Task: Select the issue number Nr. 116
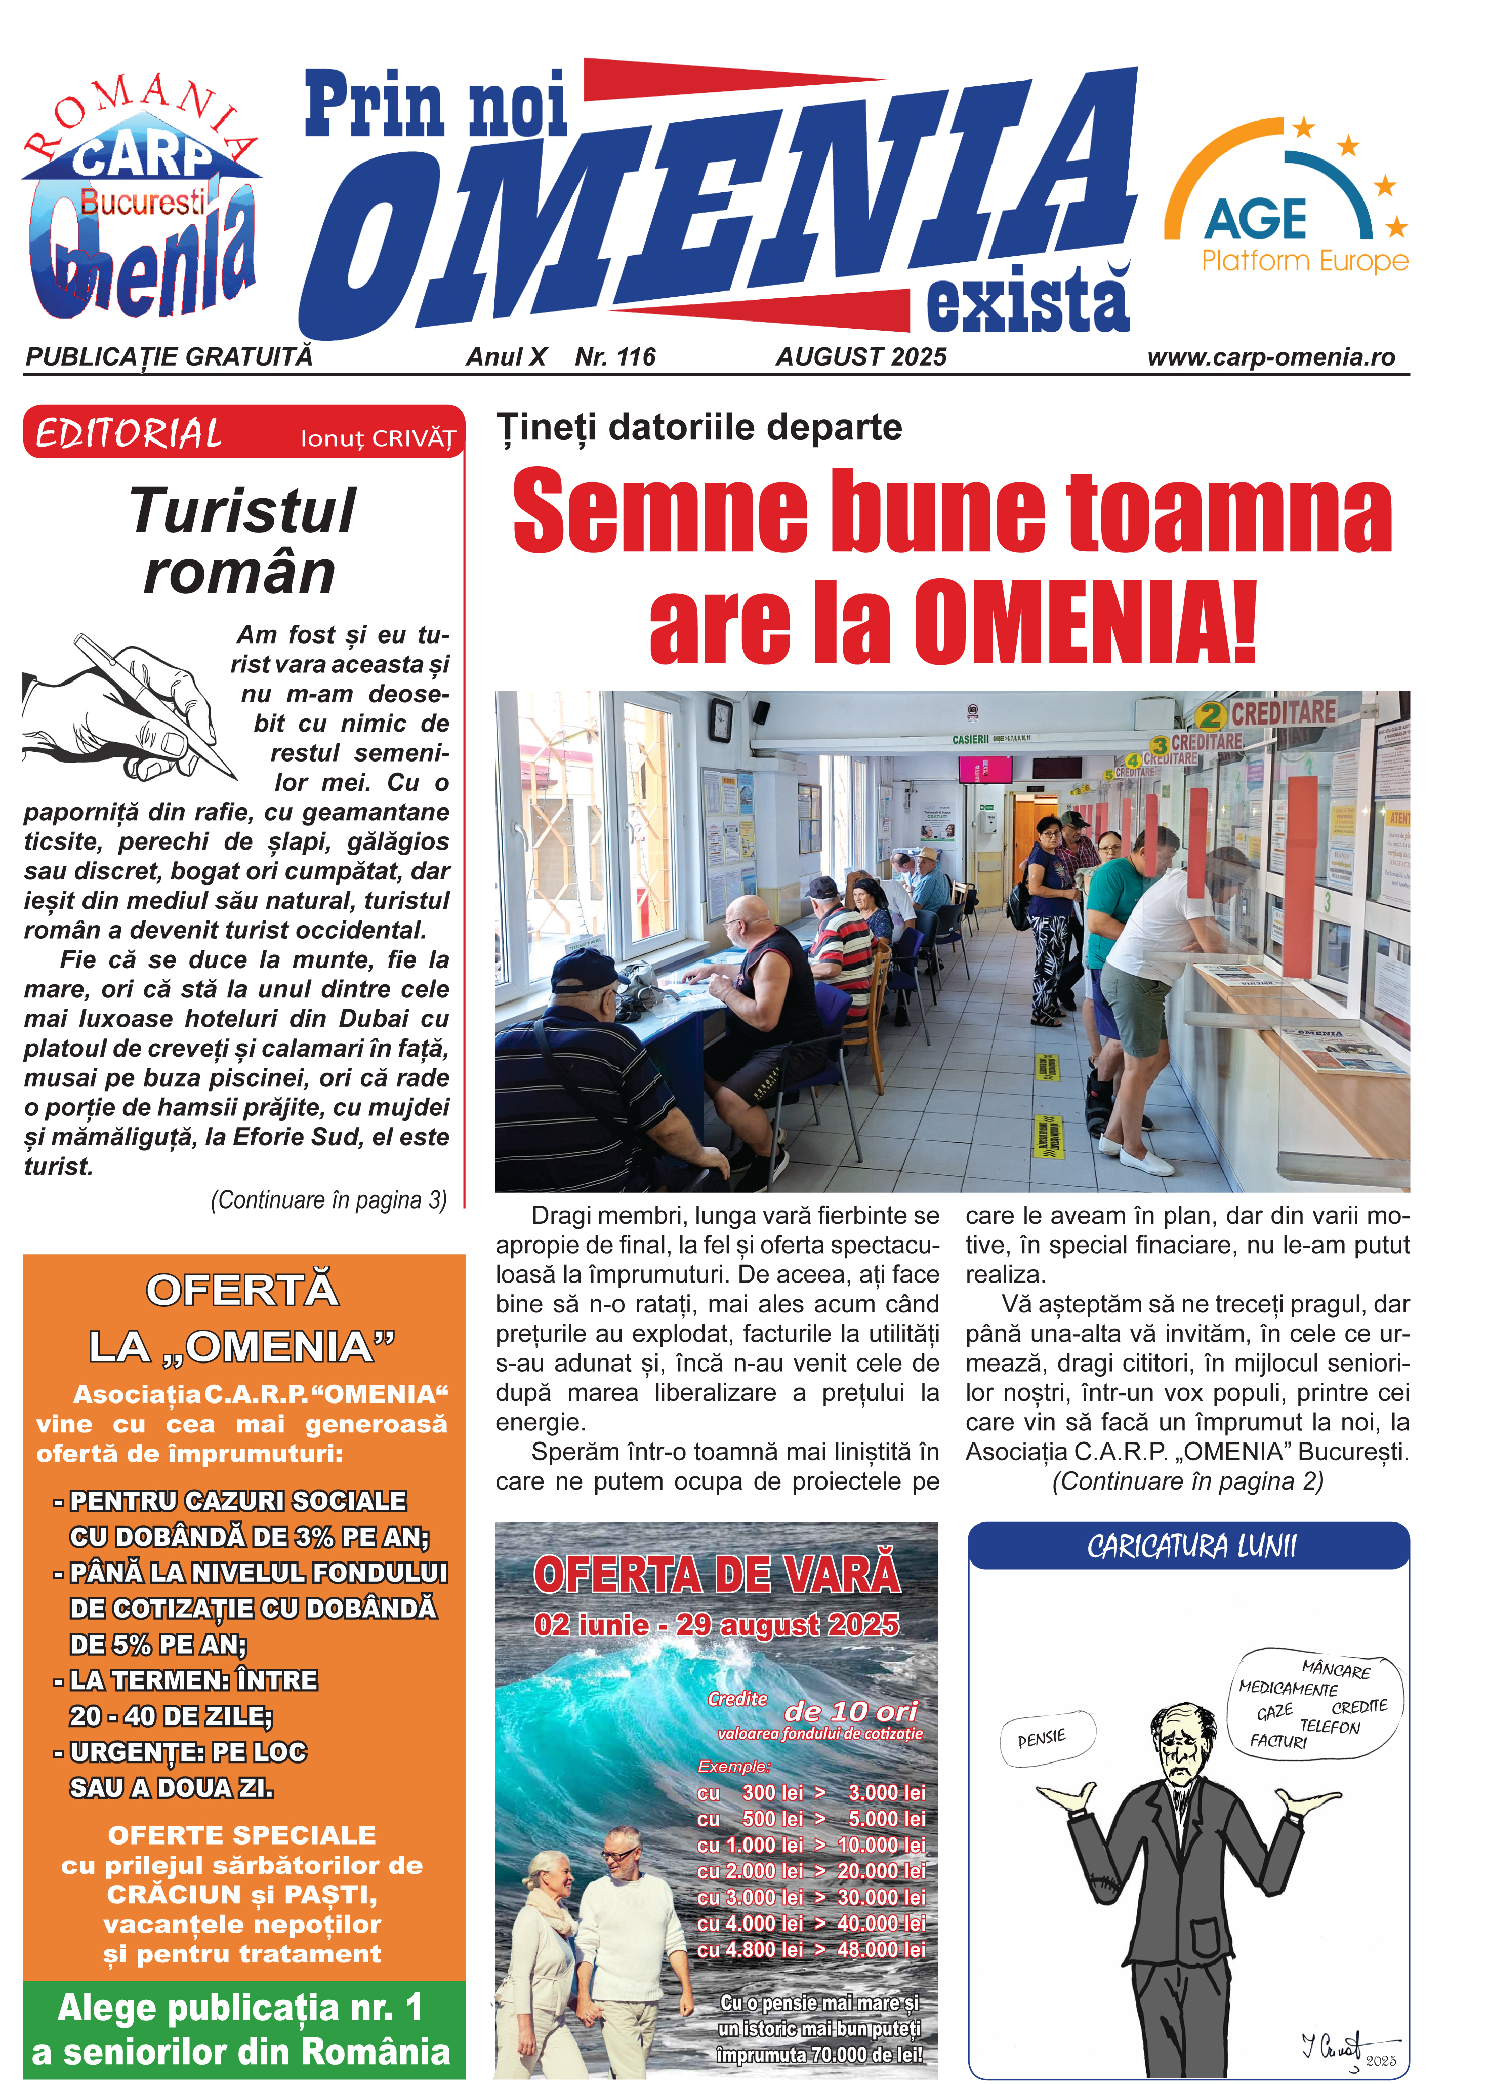click(615, 357)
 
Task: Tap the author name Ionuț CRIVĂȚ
click(378, 439)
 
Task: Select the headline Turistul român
click(241, 541)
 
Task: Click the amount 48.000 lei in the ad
click(882, 1949)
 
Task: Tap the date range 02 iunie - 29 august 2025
click(717, 1625)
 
